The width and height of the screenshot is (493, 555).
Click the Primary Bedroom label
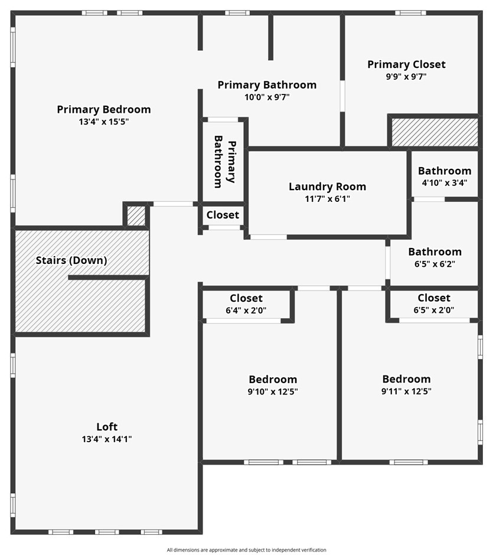coord(104,109)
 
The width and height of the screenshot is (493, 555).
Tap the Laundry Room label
coord(327,187)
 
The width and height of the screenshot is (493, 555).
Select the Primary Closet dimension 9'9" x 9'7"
coord(406,76)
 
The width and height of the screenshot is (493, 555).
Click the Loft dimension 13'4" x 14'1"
coord(107,439)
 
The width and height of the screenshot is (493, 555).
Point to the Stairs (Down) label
coord(71,260)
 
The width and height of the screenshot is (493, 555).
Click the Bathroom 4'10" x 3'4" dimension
coord(445,182)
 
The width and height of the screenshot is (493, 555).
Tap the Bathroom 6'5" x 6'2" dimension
coord(435,264)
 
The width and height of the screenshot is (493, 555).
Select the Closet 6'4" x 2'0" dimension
coord(246,310)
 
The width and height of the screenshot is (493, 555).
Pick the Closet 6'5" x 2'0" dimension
coord(434,310)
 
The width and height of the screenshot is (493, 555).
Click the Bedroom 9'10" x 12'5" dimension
coord(273,391)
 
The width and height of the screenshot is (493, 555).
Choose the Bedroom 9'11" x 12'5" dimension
coord(406,391)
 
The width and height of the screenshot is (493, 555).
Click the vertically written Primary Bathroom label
coord(225,161)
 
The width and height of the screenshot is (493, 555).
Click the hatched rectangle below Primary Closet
coord(435,132)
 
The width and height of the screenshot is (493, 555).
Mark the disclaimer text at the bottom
coord(247,550)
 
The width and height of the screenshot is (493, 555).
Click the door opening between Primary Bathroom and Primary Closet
coord(342,96)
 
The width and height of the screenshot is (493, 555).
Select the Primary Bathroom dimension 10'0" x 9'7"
coord(267,97)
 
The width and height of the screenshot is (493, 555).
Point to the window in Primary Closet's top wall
coord(410,13)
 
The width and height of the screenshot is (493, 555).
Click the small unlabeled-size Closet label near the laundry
coord(223,215)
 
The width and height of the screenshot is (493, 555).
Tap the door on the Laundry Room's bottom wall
coord(268,237)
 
